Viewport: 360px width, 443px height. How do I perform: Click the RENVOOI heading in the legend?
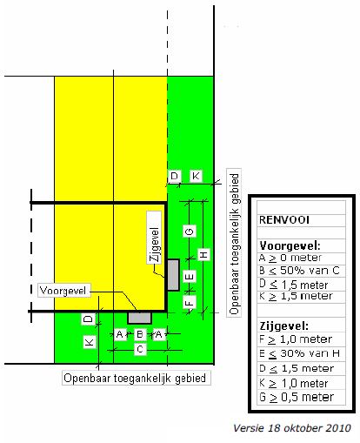283,220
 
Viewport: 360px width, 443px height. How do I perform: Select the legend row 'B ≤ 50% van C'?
299,271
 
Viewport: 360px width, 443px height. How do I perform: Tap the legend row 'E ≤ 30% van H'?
299,353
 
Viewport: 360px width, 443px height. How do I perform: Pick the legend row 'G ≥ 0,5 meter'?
297,397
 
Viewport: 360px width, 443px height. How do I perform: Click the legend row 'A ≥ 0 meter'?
290,258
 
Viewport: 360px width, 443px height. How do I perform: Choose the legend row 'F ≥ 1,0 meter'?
296,339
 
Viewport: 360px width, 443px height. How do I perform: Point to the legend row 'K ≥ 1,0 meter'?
293,383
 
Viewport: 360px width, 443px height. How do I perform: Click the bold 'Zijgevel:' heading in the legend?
283,326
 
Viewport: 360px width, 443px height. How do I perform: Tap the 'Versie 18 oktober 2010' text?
292,428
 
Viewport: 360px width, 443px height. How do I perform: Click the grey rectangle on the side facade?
173,275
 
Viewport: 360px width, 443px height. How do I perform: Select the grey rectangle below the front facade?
140,318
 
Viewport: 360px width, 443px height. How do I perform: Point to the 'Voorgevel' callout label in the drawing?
63,291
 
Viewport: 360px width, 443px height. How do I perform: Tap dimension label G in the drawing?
190,232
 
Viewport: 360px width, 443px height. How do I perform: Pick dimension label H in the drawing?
204,254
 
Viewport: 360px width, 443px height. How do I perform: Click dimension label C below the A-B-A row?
140,349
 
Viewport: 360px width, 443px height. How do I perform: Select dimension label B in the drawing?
140,334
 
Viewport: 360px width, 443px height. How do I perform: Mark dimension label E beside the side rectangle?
190,277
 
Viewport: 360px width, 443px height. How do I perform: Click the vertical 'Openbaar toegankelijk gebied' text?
234,243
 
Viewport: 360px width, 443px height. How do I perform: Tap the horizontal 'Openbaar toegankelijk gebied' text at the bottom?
135,379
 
